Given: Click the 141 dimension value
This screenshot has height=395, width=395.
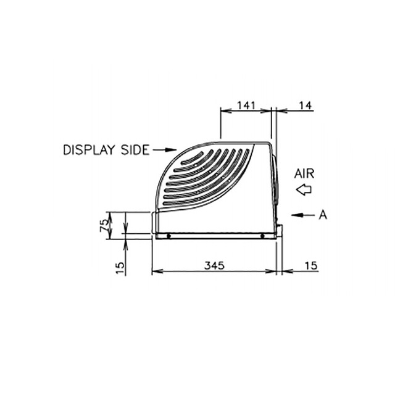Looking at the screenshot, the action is coord(246,105).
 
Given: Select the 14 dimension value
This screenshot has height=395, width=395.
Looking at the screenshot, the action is coord(306,105).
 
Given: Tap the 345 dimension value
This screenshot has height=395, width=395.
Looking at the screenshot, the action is coord(214,265).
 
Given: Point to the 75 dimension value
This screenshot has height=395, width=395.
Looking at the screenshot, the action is coord(104,225).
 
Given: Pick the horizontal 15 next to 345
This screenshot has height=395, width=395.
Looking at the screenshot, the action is coord(311,265).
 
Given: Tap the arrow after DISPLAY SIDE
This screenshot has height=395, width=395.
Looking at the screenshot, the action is coord(165,150).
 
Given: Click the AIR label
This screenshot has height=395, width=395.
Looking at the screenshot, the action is coord(304,174).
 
